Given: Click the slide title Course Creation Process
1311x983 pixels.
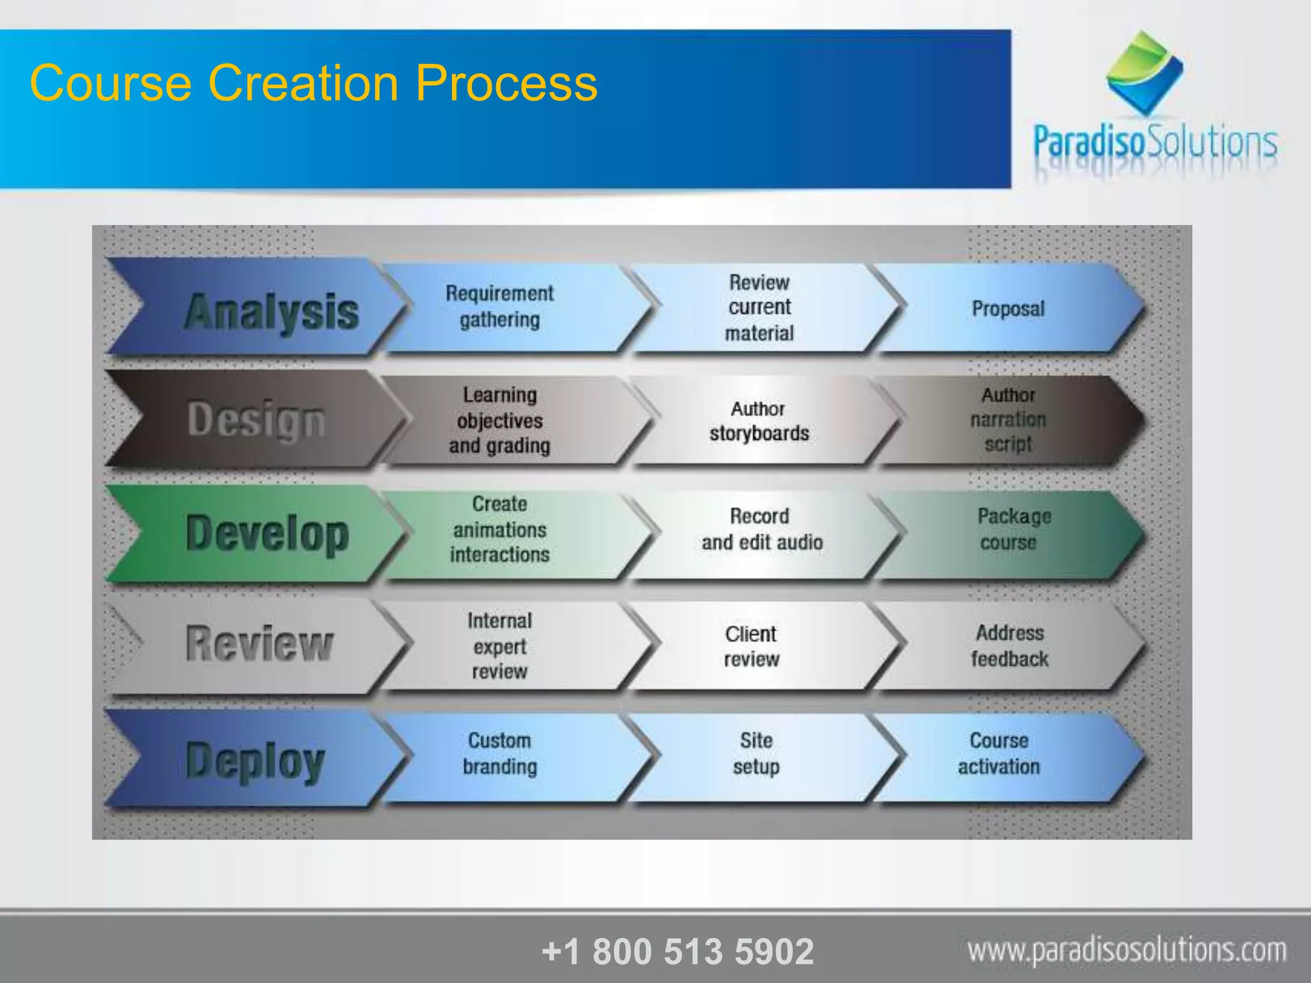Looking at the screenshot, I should (314, 83).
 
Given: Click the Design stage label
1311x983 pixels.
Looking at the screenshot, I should (256, 420).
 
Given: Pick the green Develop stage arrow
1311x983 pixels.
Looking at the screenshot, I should (256, 532).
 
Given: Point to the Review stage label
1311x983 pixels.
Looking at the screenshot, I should (259, 643).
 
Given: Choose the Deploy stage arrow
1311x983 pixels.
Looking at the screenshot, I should (256, 760).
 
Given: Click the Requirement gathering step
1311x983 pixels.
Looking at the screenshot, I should (500, 307).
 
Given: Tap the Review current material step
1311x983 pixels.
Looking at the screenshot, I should (759, 307).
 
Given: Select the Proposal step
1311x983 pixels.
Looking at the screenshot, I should (1008, 308).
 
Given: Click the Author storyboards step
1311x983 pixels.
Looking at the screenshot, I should (759, 420).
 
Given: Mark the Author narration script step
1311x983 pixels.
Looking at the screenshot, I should (1008, 419).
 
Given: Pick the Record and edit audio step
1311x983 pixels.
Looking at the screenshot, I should (762, 529).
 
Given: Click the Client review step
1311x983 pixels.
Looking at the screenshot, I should (752, 646).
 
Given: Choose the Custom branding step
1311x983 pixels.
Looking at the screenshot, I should (500, 753).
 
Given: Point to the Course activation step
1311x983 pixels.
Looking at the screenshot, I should (999, 753).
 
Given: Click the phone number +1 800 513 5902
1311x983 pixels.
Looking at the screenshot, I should (677, 951).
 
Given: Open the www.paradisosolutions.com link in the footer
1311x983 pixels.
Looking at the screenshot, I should (1127, 950).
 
